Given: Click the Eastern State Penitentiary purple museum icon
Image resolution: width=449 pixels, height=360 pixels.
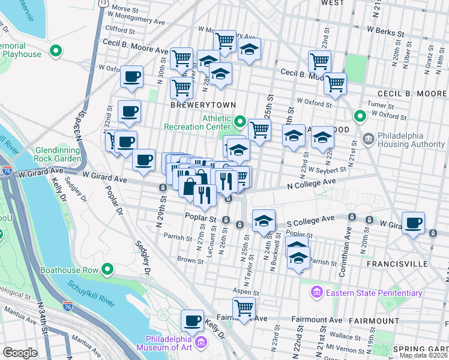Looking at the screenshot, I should tap(316, 293).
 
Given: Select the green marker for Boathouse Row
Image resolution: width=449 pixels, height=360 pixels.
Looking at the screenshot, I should tap(108, 270).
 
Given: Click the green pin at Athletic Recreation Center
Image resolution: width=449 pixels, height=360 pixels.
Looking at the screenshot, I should tap(240, 124).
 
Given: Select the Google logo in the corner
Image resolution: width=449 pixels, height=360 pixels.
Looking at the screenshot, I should tap(20, 353).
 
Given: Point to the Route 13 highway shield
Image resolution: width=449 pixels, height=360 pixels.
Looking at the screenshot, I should tap(104, 3).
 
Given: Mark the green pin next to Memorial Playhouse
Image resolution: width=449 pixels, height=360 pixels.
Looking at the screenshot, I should tap(56, 51).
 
